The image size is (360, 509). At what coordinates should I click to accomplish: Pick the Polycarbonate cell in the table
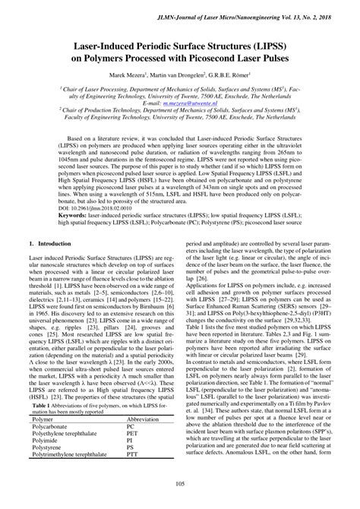click(51, 447)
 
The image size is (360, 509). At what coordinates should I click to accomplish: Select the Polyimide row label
click(46, 463)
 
